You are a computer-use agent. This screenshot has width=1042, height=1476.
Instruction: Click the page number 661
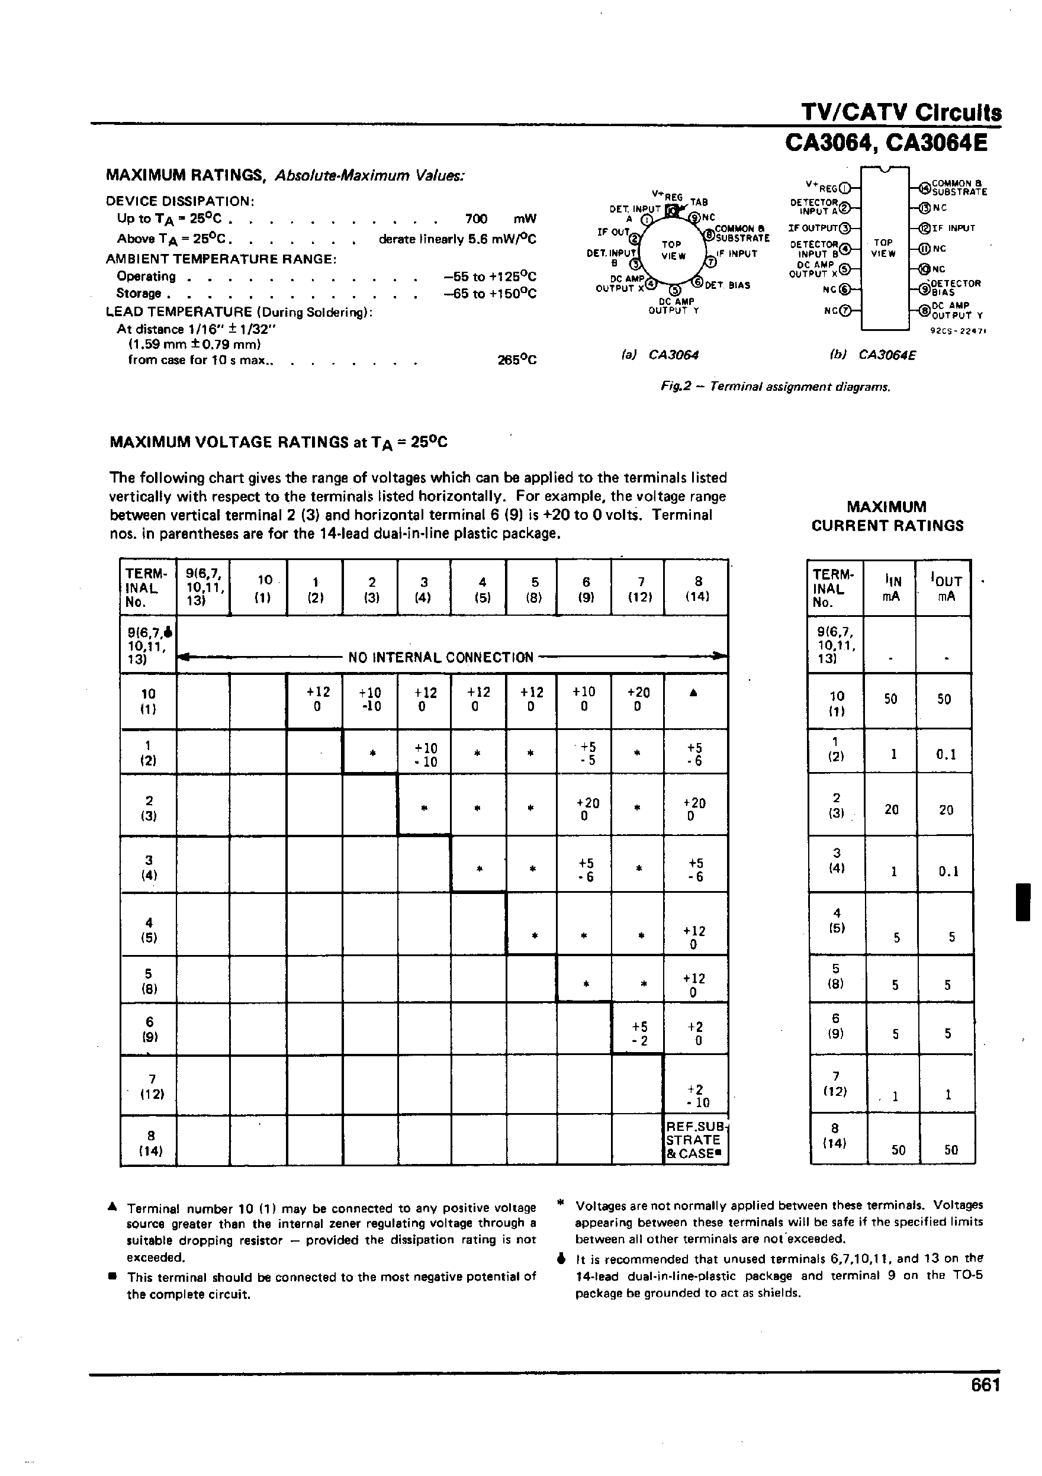(985, 1402)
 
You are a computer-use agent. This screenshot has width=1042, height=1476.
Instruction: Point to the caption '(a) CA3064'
(660, 355)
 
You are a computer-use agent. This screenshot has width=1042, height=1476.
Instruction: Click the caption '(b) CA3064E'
(872, 355)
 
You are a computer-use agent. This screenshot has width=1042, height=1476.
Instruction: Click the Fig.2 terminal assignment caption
(775, 387)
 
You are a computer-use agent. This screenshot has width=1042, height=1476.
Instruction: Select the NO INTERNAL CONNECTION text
(440, 658)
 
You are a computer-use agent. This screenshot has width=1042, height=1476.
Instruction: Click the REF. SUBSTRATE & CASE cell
(695, 1140)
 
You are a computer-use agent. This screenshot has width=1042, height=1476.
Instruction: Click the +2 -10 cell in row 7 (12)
(695, 1095)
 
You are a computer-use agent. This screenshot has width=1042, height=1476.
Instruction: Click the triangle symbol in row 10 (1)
(694, 693)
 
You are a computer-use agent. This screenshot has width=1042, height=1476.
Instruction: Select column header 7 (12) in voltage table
(639, 589)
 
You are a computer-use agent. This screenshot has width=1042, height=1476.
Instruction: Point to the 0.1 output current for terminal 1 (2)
(947, 754)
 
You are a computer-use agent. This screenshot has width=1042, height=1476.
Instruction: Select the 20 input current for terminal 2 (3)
(891, 810)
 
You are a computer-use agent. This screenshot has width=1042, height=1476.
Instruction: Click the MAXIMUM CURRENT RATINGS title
(886, 516)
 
